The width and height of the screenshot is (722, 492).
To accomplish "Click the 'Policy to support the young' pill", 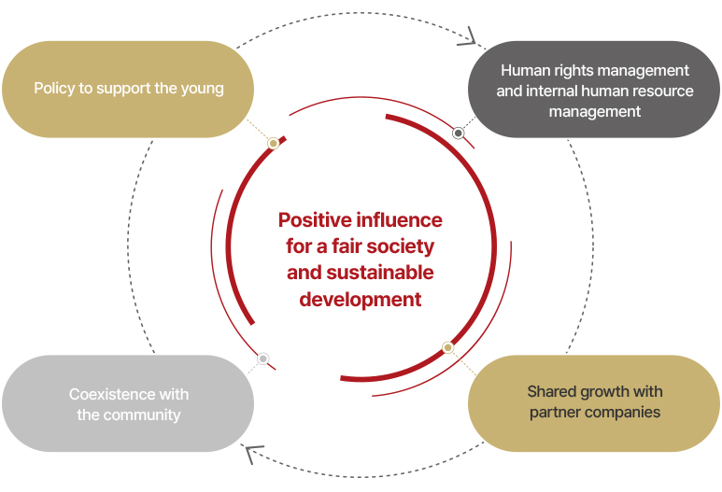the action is click(128, 89).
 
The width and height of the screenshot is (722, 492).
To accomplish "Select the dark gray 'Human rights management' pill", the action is click(594, 89).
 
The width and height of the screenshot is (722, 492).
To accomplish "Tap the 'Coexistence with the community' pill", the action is click(128, 403).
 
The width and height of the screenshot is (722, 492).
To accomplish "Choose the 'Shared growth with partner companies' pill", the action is click(594, 403).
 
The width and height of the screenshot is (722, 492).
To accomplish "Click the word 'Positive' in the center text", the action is click(315, 220).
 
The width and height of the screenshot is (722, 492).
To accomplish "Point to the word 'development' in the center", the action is click(361, 300).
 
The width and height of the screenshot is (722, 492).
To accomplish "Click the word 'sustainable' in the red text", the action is click(380, 273).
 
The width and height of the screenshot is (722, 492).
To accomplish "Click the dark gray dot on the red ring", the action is click(458, 134).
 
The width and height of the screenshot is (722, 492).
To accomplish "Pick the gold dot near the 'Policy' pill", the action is click(273, 144).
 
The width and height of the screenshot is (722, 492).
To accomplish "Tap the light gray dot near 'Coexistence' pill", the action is click(262, 358).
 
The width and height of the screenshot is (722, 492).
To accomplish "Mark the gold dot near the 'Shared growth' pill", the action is click(447, 347).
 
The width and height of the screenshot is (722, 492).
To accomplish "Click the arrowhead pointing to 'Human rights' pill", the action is click(469, 36).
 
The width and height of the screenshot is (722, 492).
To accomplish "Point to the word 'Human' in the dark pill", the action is click(519, 70).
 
